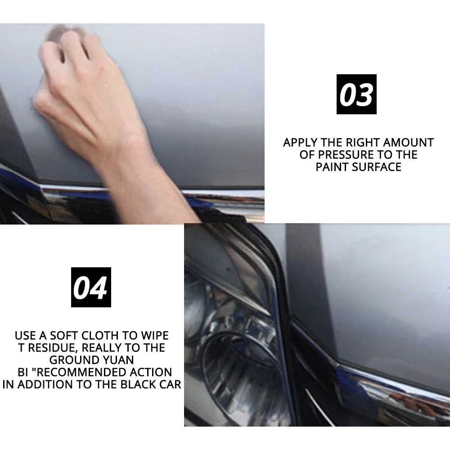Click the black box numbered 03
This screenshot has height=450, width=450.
click(x=356, y=94)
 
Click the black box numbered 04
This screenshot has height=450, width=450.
click(x=91, y=287)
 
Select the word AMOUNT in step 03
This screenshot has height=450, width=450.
click(x=408, y=143)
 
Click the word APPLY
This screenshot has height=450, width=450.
click(x=300, y=143)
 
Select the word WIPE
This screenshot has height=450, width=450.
click(x=154, y=336)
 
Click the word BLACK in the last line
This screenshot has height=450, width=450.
click(x=138, y=385)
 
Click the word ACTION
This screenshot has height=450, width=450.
click(x=151, y=372)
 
